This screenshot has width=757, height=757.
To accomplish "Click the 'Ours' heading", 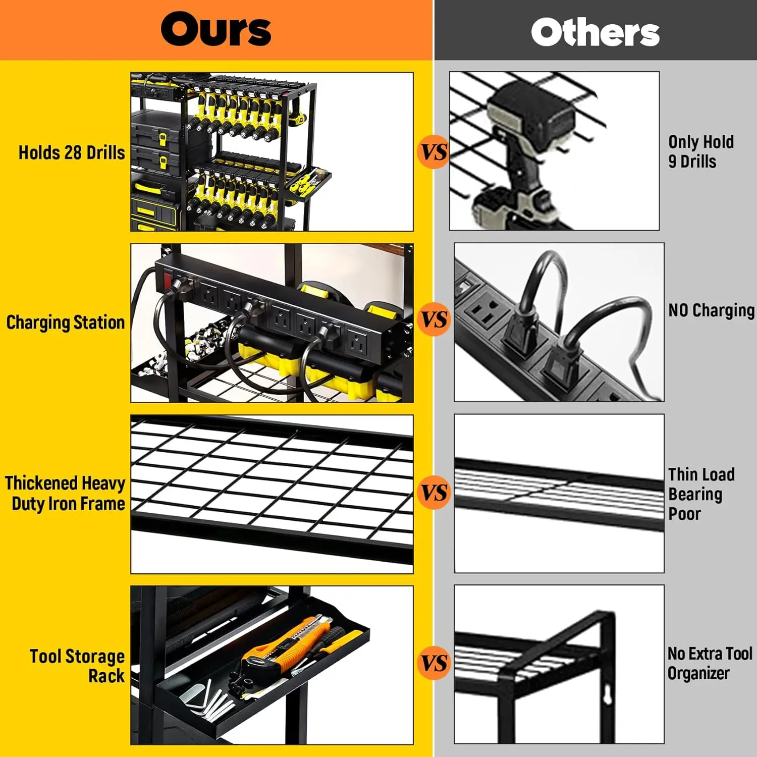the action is (216, 29).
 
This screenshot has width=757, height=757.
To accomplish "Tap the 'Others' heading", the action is (595, 32).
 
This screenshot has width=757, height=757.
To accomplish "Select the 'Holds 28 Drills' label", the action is (72, 152).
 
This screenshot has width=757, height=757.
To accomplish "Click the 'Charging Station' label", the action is (65, 322).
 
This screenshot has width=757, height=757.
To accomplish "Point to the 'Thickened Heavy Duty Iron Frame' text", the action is (66, 493).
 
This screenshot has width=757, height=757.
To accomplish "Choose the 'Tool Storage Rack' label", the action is (77, 666).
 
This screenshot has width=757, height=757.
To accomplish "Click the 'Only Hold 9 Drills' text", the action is (701, 151).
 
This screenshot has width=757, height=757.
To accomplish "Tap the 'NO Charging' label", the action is (712, 310).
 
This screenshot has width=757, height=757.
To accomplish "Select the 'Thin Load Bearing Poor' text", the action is (701, 494).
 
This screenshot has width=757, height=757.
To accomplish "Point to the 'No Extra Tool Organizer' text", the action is (710, 663).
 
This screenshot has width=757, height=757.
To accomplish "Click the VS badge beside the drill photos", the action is (434, 152).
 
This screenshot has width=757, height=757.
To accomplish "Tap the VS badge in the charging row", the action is (434, 320).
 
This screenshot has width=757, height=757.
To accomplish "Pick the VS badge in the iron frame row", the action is (434, 493).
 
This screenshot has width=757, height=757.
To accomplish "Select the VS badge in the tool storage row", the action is (434, 663).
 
